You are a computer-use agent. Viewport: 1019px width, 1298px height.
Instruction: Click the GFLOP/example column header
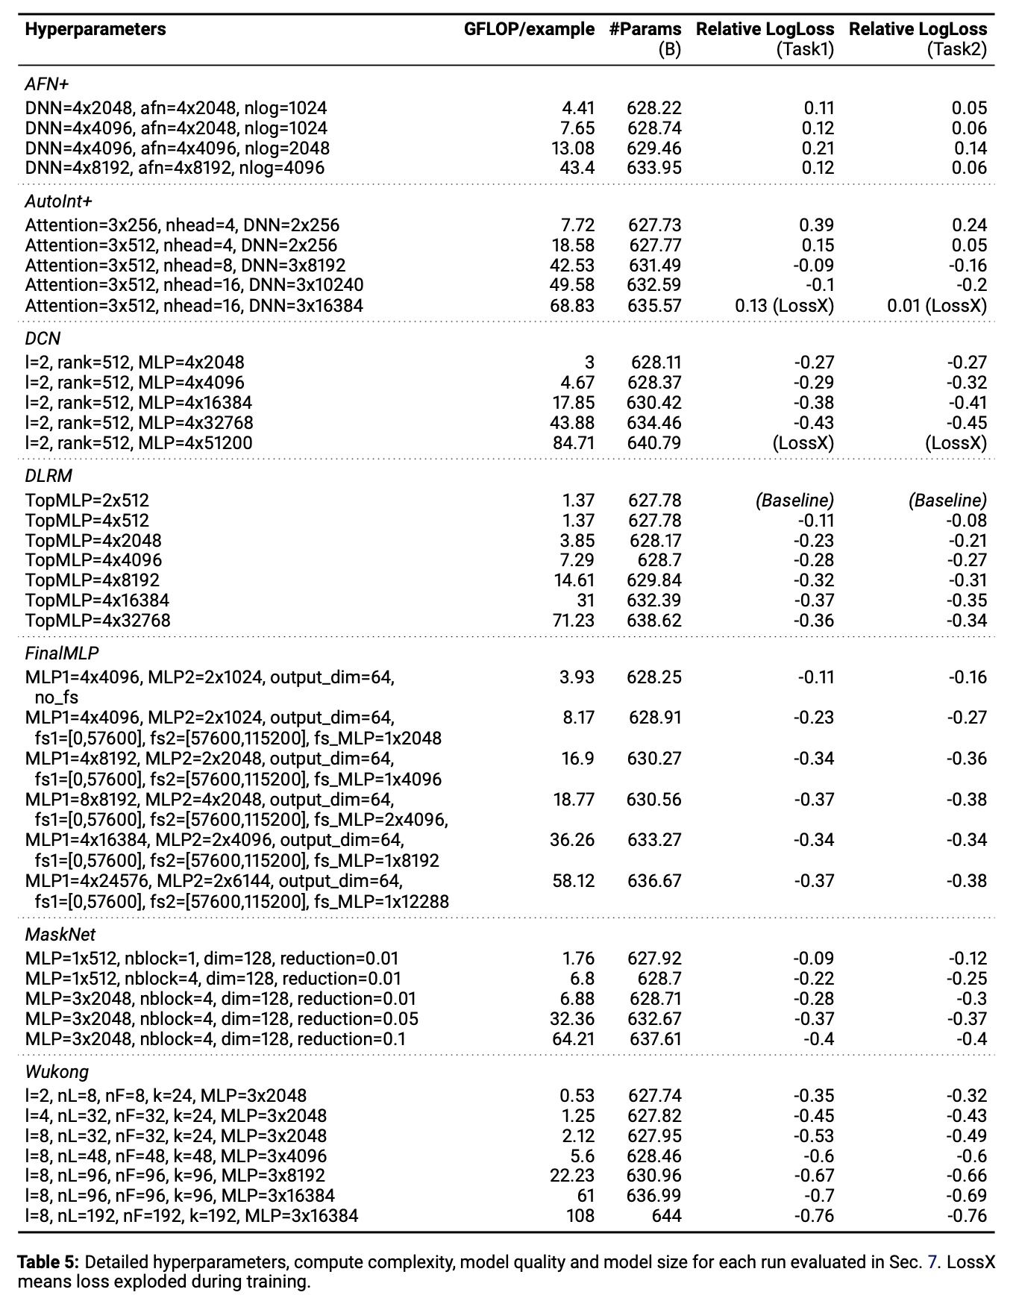coord(529,29)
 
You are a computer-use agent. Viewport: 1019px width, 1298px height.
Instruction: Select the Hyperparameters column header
coord(95,29)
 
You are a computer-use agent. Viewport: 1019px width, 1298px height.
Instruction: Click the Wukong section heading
coord(57,1072)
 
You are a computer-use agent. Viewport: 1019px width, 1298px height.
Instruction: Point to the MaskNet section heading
coord(60,935)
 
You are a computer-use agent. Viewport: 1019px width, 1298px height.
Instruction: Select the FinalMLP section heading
coord(62,653)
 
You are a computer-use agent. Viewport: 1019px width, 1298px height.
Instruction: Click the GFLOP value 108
coord(580,1216)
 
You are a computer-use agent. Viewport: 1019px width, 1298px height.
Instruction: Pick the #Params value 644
coord(666,1216)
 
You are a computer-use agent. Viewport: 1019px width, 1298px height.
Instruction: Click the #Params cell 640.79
coord(654,443)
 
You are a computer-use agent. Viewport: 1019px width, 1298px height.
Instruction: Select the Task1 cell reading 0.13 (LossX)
coord(784,305)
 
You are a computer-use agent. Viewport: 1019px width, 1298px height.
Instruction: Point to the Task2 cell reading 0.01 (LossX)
coord(936,305)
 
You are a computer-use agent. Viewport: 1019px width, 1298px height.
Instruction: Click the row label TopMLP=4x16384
coord(97,601)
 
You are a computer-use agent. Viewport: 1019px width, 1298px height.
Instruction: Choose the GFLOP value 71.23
coord(573,621)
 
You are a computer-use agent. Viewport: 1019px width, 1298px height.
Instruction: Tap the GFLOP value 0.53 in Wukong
coord(577,1096)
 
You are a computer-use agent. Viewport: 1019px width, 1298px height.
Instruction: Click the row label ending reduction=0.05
coord(222,1019)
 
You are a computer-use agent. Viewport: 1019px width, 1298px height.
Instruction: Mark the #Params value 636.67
coord(654,881)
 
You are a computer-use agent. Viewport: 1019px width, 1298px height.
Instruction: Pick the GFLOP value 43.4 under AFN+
coord(577,168)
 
